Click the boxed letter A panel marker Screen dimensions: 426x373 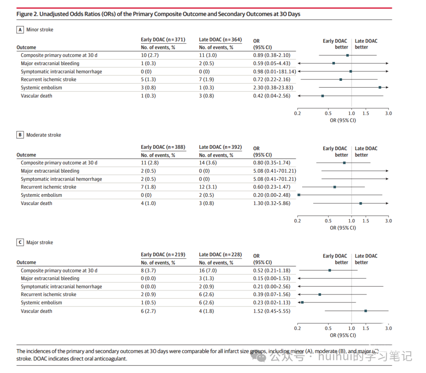pyautogui.click(x=20, y=30)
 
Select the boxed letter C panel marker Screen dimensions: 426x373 pyautogui.click(x=20, y=242)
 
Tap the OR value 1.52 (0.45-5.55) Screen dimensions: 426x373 pyautogui.click(x=272, y=311)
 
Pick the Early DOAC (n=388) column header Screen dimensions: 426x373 pyautogui.click(x=163, y=147)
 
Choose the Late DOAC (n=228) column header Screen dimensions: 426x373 pyautogui.click(x=220, y=255)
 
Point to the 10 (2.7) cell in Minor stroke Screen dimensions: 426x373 pyautogui.click(x=150, y=55)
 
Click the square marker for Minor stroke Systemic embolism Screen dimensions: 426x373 pyautogui.click(x=380, y=88)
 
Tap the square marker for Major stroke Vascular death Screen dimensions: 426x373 pyautogui.click(x=366, y=311)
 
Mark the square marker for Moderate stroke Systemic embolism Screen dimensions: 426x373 pyautogui.click(x=299, y=195)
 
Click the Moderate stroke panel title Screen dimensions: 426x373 pyautogui.click(x=44, y=135)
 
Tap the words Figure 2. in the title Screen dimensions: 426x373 pyautogui.click(x=27, y=14)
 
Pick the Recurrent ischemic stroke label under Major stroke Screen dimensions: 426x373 pyautogui.click(x=49, y=295)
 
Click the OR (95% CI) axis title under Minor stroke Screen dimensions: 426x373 pyautogui.click(x=343, y=120)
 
